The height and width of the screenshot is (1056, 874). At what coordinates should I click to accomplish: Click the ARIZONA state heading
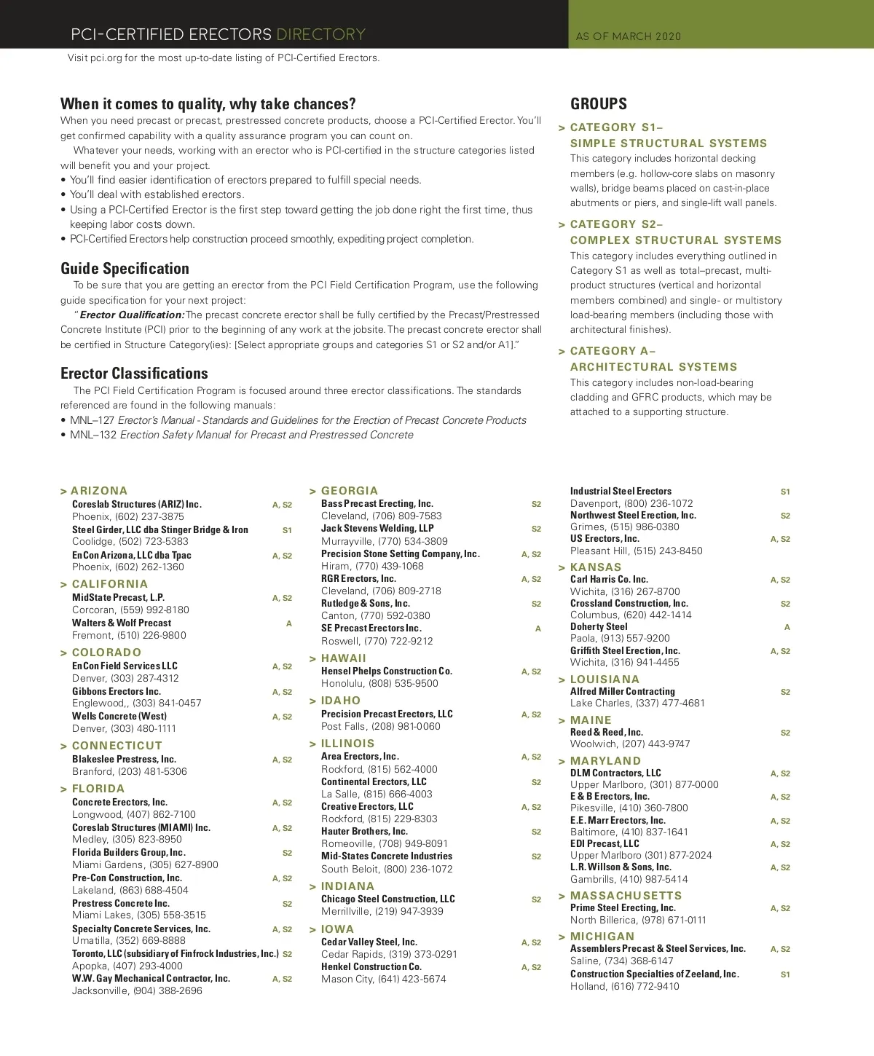[99, 491]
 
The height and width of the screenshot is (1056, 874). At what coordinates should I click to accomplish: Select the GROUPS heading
[598, 103]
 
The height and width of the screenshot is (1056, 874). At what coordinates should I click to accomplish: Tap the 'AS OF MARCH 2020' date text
[628, 36]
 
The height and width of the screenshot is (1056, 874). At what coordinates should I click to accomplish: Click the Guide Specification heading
[125, 268]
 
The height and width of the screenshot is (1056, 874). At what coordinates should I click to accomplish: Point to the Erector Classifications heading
[134, 373]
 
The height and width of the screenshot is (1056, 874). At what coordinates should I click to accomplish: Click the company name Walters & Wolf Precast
[122, 623]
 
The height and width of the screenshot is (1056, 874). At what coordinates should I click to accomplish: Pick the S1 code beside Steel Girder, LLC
[287, 530]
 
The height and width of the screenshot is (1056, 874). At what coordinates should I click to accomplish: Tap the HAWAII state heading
[344, 658]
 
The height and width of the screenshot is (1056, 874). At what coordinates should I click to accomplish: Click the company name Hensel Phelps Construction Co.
[387, 671]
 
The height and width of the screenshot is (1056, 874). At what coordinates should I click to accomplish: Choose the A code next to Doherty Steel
[787, 627]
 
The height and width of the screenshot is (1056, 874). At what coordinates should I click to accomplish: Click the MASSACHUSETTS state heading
[626, 895]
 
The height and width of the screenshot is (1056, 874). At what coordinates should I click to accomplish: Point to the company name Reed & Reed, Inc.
[607, 732]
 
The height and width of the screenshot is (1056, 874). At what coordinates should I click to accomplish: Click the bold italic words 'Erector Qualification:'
[132, 315]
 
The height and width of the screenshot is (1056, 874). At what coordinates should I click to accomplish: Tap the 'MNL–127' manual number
[92, 420]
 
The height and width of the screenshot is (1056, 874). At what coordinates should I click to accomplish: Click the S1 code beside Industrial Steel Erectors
[785, 492]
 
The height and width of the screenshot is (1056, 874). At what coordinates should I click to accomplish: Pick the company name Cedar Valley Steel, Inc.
[369, 942]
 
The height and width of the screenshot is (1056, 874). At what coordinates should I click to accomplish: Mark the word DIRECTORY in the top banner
[320, 34]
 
